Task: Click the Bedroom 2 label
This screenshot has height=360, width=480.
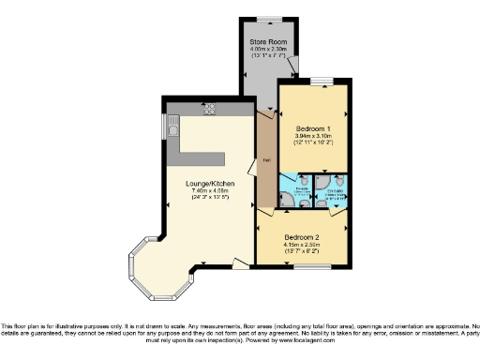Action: tap(303, 237)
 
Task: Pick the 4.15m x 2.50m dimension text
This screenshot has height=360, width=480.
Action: tap(303, 246)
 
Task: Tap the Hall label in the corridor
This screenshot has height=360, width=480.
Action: tap(266, 159)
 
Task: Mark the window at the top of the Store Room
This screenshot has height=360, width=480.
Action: tap(265, 18)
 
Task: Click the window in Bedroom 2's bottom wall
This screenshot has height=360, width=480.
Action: tap(303, 268)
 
